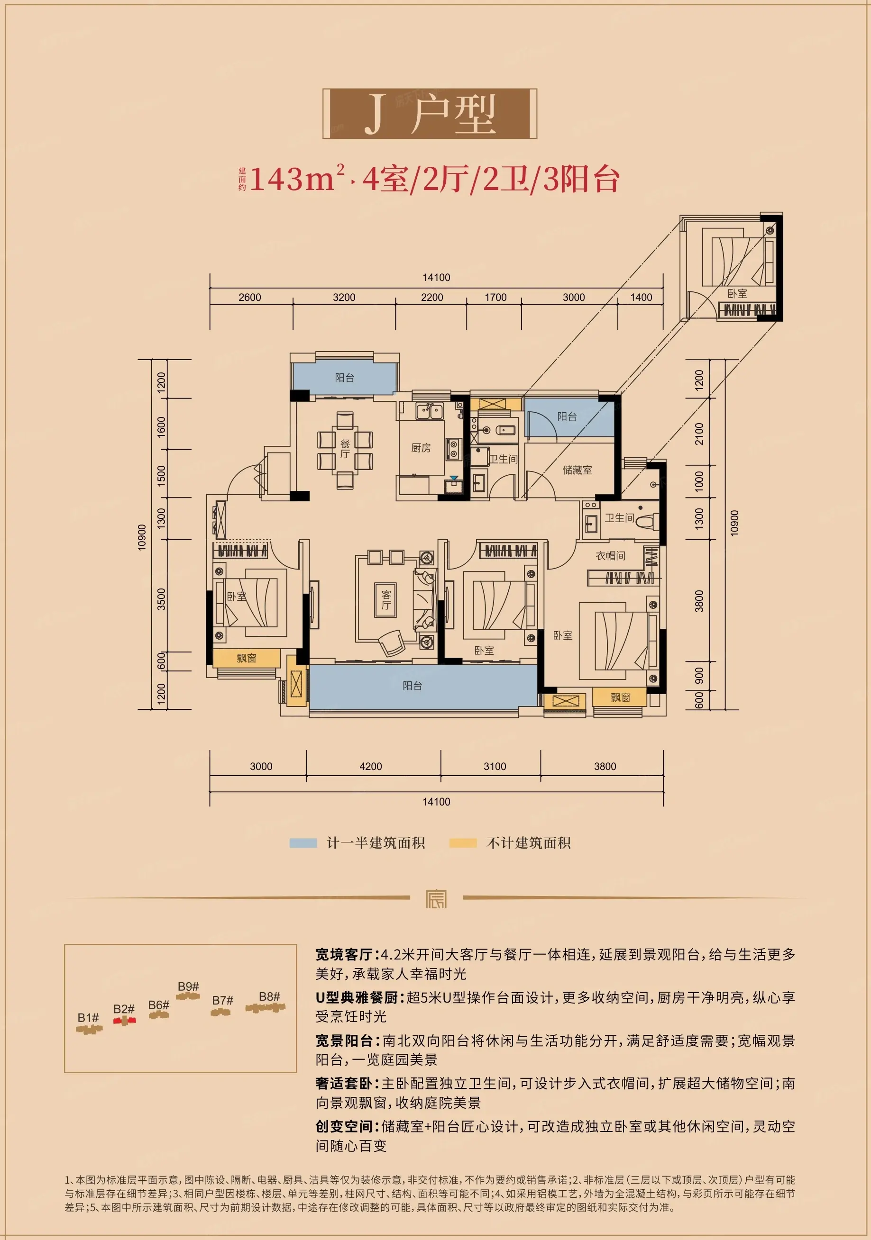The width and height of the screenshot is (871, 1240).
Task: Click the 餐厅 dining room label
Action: (x=345, y=449)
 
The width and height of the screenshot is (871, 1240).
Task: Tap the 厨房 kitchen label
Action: (x=421, y=448)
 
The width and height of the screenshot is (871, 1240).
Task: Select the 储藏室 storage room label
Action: (x=577, y=470)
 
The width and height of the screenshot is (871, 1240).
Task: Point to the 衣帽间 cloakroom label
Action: (x=611, y=556)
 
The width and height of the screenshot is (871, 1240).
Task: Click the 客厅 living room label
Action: (x=386, y=599)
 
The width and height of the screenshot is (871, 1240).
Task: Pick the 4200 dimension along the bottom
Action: (x=371, y=766)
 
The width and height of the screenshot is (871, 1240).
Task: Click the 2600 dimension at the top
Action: (x=249, y=297)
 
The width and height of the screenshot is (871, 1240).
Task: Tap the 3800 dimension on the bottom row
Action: (x=605, y=766)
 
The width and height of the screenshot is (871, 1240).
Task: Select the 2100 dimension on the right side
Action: (x=699, y=434)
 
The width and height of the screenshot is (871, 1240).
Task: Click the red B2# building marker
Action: (x=124, y=1020)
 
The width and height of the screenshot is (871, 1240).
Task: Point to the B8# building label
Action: (x=269, y=996)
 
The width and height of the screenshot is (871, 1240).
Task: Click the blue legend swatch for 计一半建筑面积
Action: (x=303, y=843)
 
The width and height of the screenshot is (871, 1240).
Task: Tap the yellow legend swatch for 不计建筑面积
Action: (x=463, y=843)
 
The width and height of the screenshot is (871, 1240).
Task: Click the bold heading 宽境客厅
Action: (x=344, y=954)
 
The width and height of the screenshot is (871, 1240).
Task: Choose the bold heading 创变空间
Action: (x=344, y=1126)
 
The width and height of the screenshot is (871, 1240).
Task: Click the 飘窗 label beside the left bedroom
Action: (x=247, y=658)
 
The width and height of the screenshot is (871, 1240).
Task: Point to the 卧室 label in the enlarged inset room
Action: (x=737, y=293)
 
